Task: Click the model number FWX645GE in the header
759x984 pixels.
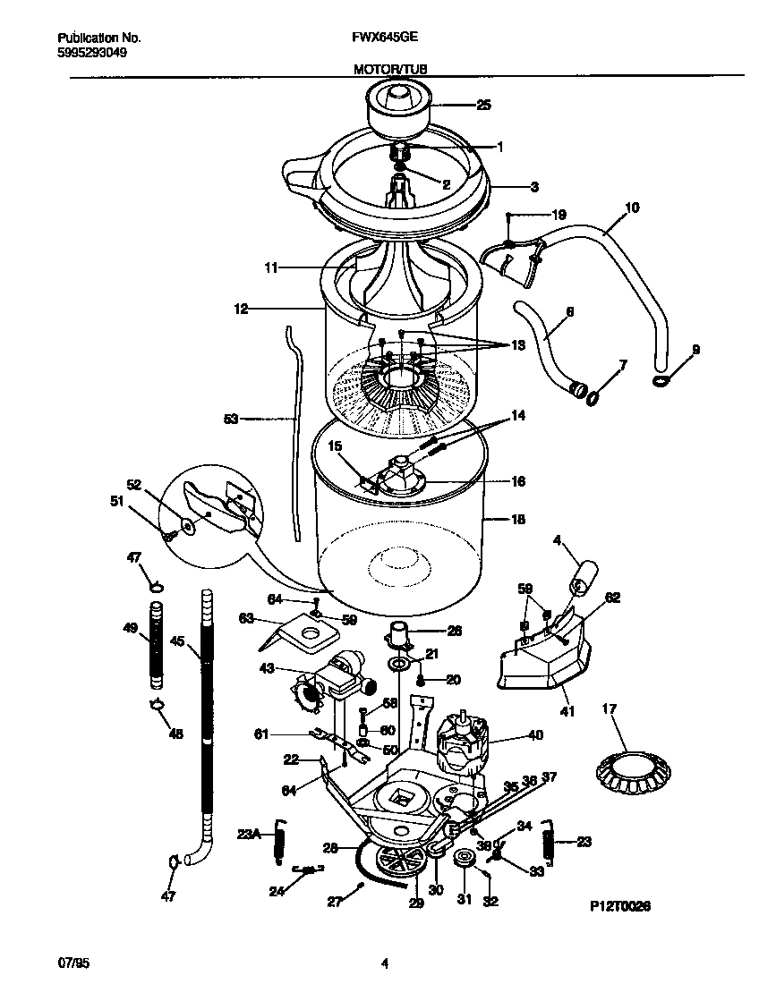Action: (380, 38)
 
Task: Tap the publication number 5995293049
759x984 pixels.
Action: (91, 52)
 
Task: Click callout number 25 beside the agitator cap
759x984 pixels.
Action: (483, 105)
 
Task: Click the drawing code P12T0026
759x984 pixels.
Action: (619, 906)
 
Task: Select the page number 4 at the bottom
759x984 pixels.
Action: (385, 963)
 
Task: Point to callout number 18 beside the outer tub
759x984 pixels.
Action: (517, 519)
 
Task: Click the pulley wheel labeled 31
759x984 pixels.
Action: (464, 861)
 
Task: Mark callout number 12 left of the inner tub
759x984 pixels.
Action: (241, 310)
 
